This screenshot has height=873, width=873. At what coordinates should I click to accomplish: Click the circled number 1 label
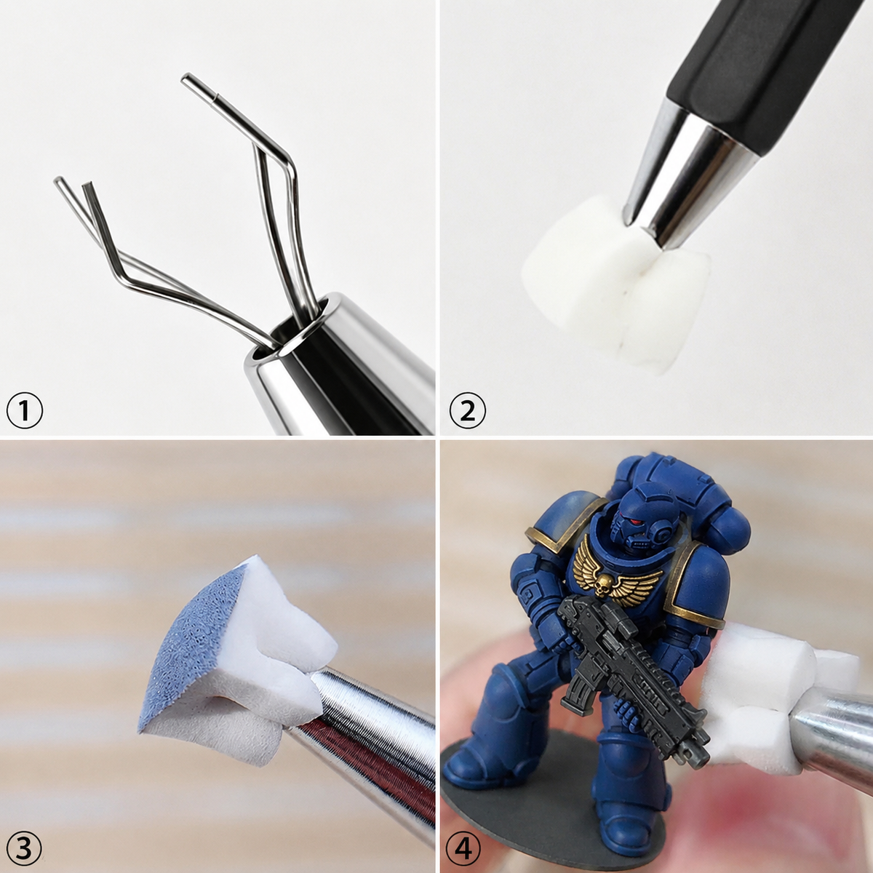[x=25, y=411]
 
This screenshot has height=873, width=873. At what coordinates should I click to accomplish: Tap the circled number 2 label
[x=467, y=411]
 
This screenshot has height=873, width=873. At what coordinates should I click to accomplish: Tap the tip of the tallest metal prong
[x=184, y=79]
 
